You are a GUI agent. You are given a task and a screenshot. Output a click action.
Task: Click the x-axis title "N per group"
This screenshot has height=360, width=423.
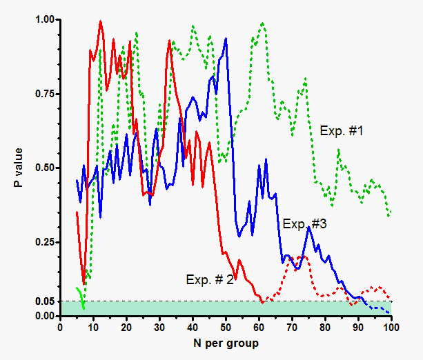tap(226, 343)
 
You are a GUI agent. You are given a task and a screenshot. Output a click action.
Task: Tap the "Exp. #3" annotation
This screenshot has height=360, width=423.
tap(304, 223)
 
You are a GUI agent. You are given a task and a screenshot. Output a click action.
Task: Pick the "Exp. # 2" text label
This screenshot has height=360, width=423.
tap(210, 279)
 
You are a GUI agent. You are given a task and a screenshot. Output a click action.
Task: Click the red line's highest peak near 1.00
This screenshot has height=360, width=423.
tap(101, 21)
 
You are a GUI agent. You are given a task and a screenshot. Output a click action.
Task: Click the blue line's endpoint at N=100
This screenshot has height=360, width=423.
tap(390, 314)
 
